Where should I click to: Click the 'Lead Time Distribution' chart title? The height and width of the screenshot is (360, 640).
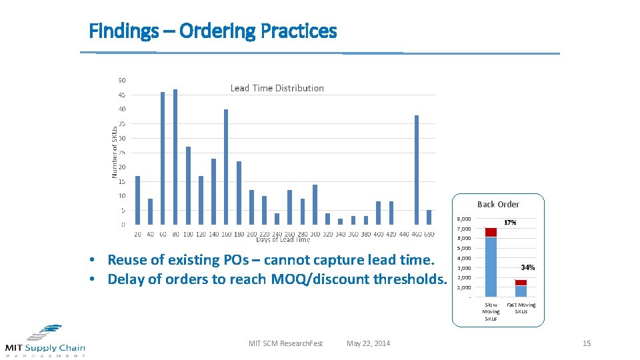(277, 88)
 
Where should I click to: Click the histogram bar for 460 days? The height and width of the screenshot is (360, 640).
(417, 170)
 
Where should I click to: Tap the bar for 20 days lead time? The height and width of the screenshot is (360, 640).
(137, 200)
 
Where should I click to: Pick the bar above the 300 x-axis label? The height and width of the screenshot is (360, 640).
(315, 204)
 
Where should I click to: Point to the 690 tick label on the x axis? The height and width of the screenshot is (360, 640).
(429, 234)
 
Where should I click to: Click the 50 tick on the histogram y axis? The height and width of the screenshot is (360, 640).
(122, 81)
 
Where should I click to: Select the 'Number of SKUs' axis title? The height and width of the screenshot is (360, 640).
(114, 152)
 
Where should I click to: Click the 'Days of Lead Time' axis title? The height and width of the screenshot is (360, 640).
(283, 240)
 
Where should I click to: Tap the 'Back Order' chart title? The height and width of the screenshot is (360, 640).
(498, 205)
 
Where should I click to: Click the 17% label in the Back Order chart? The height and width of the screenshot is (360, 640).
(510, 222)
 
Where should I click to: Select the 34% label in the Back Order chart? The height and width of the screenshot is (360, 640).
(528, 267)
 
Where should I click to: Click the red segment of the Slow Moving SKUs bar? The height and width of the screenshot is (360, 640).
(491, 233)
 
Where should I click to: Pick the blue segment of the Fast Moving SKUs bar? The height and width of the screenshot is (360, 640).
(521, 291)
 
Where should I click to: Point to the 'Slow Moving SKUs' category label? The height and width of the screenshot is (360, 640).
(491, 311)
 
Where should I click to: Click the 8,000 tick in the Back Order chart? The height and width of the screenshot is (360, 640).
(463, 219)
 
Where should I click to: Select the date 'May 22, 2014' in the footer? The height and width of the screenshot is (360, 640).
(369, 343)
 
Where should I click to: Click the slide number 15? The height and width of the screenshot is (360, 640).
(587, 343)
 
